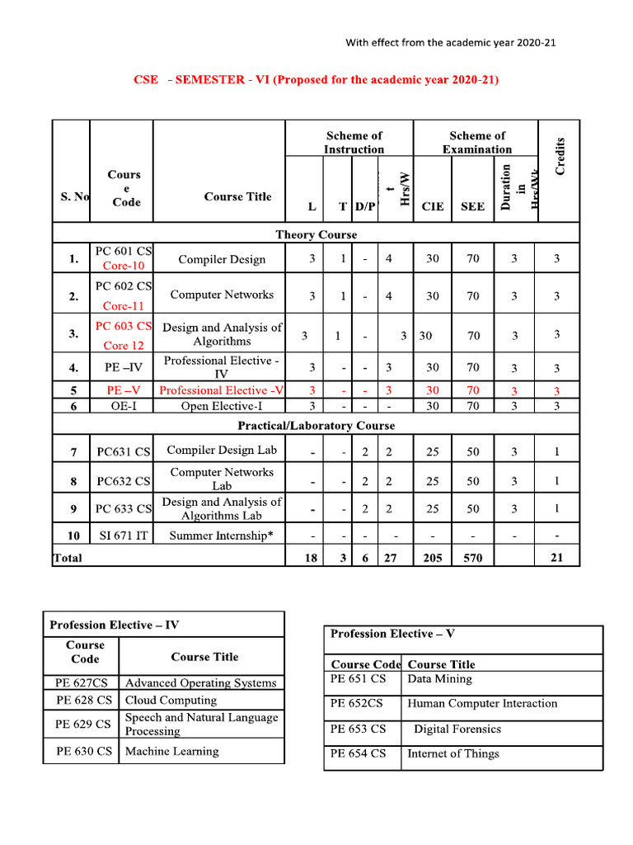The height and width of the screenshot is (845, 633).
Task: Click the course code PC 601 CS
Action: coord(124,251)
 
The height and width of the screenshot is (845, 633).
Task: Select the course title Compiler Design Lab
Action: coord(222,450)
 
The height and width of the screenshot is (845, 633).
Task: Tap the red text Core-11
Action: coord(124,305)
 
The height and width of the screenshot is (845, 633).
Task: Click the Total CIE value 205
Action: coord(433,558)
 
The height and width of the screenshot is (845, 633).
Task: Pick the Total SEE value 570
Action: coord(472,558)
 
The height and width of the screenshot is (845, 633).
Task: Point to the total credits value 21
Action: coord(557,558)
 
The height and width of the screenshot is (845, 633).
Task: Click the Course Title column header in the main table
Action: coord(237,196)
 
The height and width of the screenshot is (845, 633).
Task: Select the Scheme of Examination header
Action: coord(476,142)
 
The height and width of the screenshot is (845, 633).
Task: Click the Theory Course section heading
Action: coord(316,234)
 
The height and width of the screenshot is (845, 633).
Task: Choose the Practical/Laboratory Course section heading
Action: coord(316,426)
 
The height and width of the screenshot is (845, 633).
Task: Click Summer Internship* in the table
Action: coord(221,536)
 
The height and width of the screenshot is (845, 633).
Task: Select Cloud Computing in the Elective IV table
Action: coord(171,700)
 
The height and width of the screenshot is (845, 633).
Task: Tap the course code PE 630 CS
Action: coord(83,751)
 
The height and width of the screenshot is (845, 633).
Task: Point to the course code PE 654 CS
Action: coord(358,753)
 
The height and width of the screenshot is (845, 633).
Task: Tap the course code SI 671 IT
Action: coord(124,536)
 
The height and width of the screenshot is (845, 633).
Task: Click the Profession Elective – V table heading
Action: coord(392,634)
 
